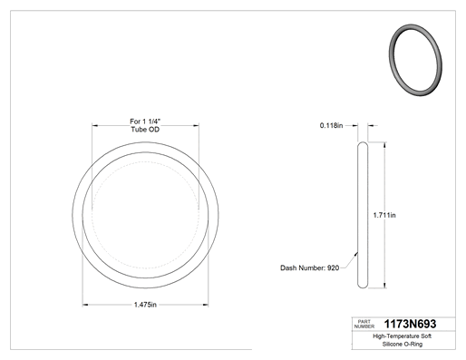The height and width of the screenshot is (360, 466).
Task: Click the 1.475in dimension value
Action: tap(145, 305)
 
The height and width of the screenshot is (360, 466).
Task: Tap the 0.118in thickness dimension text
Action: tap(331, 125)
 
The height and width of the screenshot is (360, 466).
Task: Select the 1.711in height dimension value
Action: tap(384, 215)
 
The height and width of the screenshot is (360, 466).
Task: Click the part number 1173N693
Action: tap(410, 324)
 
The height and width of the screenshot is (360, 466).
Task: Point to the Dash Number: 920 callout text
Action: tap(309, 268)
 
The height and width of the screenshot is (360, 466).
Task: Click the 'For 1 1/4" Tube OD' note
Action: tap(145, 125)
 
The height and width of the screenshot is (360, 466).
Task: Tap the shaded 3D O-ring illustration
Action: tap(415, 60)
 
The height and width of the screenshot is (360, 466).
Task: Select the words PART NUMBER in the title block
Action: tap(364, 324)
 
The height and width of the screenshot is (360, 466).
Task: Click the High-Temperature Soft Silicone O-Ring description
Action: tap(403, 340)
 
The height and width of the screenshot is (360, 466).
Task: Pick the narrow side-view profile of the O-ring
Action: tap(363, 215)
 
